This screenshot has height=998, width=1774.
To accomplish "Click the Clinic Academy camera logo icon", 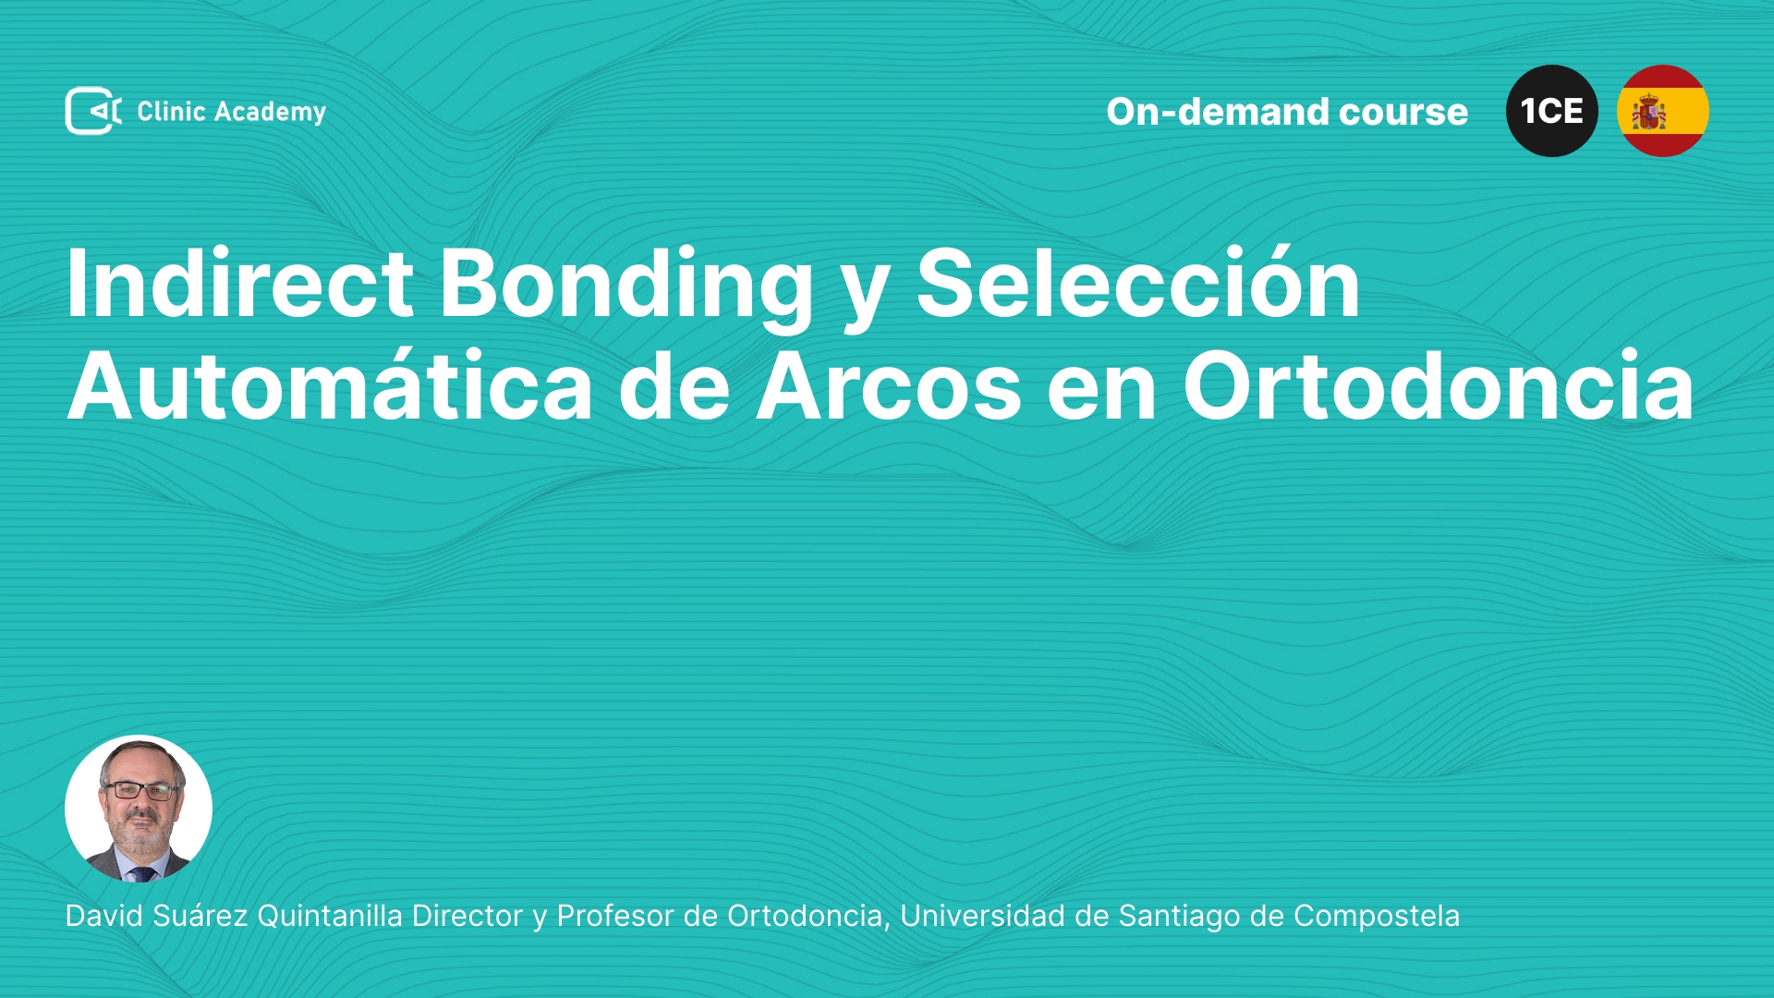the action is [x=93, y=111].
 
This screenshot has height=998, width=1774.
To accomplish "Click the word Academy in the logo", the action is [x=270, y=113].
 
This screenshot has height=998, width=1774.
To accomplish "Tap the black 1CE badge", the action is [x=1552, y=111].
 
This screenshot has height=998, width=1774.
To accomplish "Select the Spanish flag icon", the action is [x=1663, y=111].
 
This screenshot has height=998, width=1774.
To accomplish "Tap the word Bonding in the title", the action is [x=626, y=286].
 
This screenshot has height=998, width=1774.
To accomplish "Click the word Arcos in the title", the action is [x=889, y=386].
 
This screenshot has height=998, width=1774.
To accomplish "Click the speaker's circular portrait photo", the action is [x=139, y=809].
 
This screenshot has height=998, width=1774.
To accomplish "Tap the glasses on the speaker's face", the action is [x=140, y=790].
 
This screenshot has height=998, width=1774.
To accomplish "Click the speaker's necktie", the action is [x=141, y=873].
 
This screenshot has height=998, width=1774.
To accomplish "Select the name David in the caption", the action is [x=104, y=916].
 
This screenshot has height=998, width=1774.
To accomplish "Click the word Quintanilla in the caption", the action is [x=330, y=916].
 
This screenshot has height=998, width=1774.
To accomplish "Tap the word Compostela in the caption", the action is [x=1377, y=917].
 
